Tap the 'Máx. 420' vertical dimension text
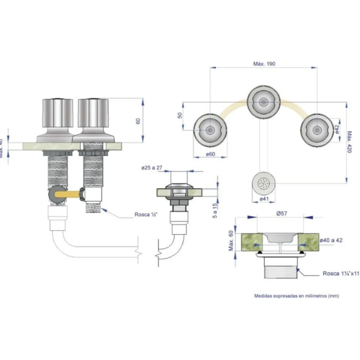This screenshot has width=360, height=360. [x=349, y=142]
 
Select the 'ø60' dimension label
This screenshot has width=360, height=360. [x=211, y=154]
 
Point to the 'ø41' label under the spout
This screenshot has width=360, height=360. [x=262, y=199]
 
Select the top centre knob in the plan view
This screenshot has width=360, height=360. [x=263, y=102]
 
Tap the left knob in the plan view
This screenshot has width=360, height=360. [x=210, y=129]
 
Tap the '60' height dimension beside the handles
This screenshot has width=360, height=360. [x=139, y=121]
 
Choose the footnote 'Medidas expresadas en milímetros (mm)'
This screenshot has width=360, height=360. [x=296, y=296]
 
